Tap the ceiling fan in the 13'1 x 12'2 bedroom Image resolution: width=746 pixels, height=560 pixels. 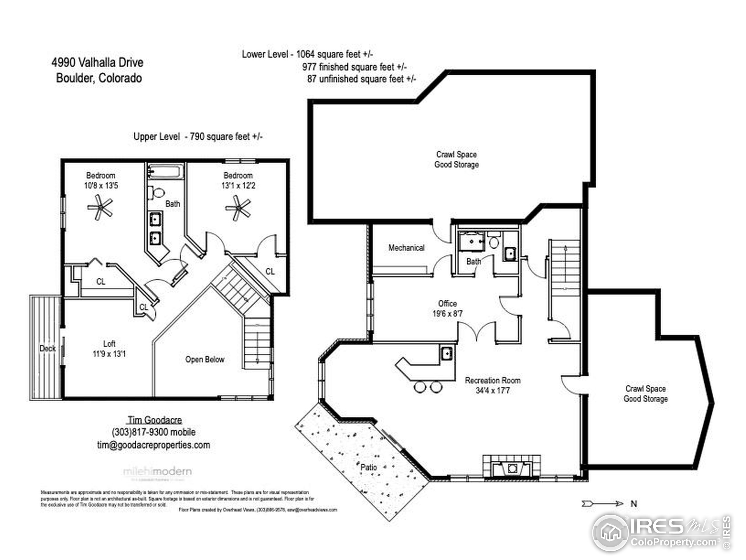click(238, 208)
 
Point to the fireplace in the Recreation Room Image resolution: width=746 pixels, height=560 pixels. click(512, 468)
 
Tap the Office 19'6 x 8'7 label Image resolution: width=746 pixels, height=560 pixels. click(447, 309)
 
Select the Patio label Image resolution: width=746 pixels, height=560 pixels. click(368, 467)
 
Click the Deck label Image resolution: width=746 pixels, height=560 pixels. click(47, 348)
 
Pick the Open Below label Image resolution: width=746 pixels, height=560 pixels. click(205, 360)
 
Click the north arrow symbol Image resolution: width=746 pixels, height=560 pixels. click(602, 504)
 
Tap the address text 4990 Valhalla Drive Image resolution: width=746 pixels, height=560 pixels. click(97, 62)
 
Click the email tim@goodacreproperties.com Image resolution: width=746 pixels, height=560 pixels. click(154, 445)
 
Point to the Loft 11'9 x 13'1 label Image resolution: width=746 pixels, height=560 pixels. click(109, 349)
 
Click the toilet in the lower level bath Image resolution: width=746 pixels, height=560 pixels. click(494, 242)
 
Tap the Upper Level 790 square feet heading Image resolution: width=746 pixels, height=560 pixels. click(198, 136)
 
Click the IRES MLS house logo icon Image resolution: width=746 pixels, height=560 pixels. click(610, 533)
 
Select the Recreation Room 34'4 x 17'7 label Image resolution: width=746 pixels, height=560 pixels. click(492, 385)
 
